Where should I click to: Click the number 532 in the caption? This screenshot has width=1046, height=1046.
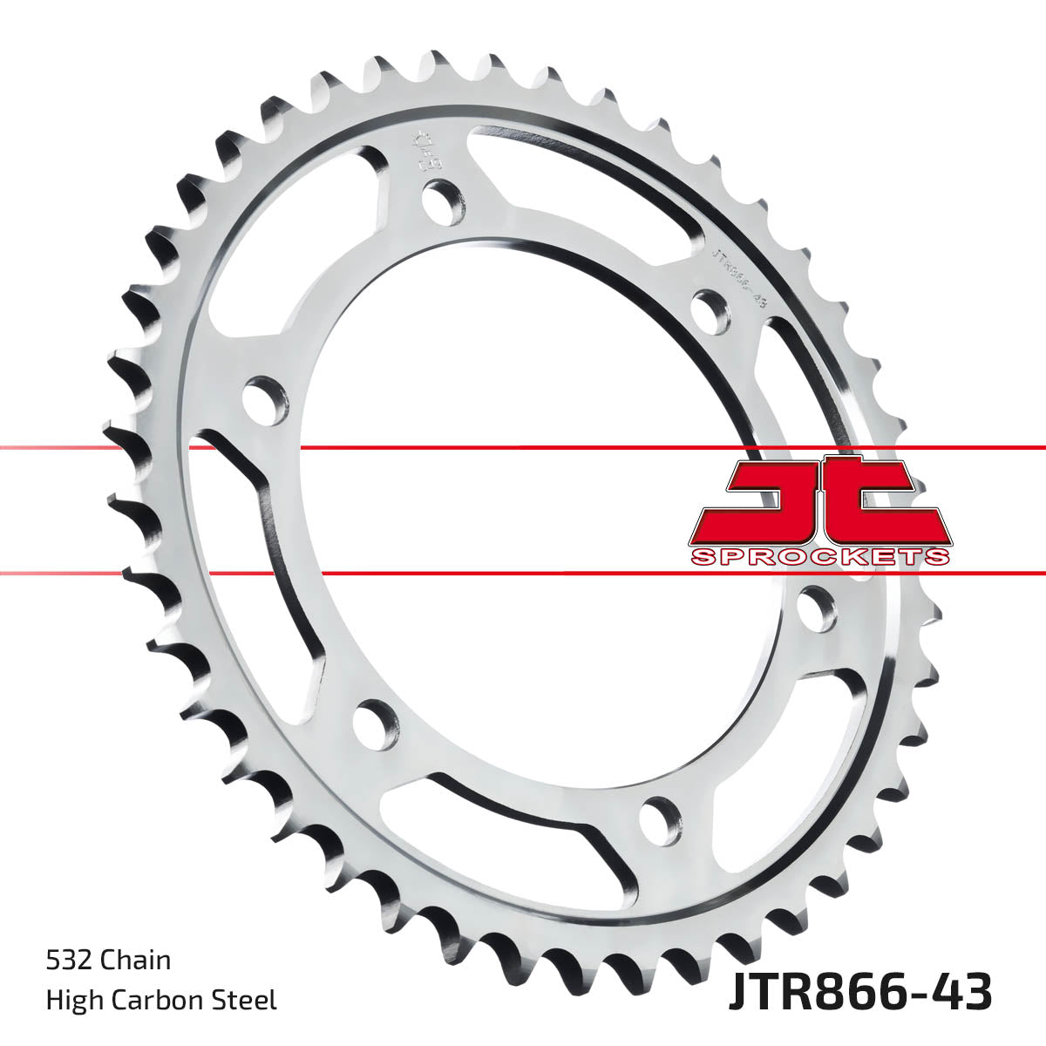[x=70, y=961]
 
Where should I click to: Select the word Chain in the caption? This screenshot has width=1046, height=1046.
[x=136, y=961]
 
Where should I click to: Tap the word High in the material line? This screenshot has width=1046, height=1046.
[x=72, y=1000]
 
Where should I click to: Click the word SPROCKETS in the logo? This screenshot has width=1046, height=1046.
[x=819, y=557]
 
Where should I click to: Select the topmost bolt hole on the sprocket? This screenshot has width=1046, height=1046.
[x=445, y=200]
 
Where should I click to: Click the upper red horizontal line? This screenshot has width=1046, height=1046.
[x=523, y=448]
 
